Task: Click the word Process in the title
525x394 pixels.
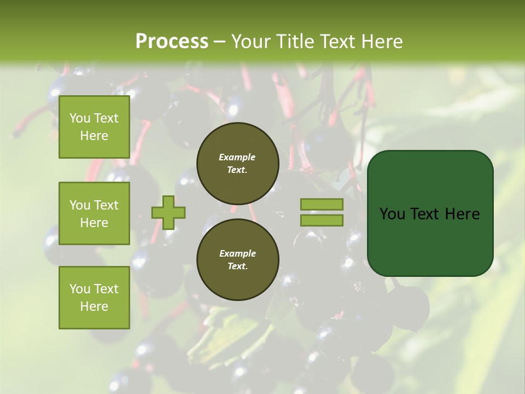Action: point(172,42)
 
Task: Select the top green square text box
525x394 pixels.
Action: point(94,127)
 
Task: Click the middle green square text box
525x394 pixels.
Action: point(94,213)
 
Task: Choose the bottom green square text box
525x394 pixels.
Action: point(94,298)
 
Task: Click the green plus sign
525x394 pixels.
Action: point(168,212)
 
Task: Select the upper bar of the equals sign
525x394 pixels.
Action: point(322,204)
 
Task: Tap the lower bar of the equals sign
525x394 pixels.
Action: point(322,221)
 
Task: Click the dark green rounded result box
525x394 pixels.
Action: point(430,241)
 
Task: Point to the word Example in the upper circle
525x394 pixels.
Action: point(237,157)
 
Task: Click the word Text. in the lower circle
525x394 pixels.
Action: point(237,266)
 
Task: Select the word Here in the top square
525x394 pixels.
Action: point(94,136)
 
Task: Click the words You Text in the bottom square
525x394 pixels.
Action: point(94,288)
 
